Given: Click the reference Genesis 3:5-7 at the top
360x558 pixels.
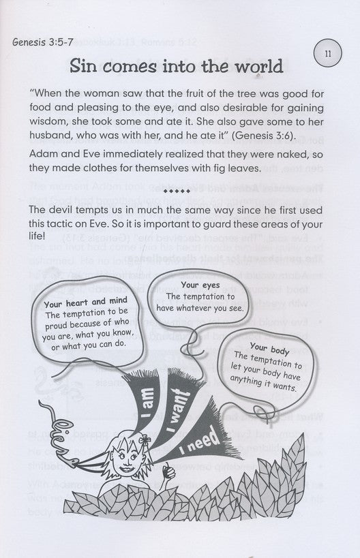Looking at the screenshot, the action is tap(40, 45).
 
